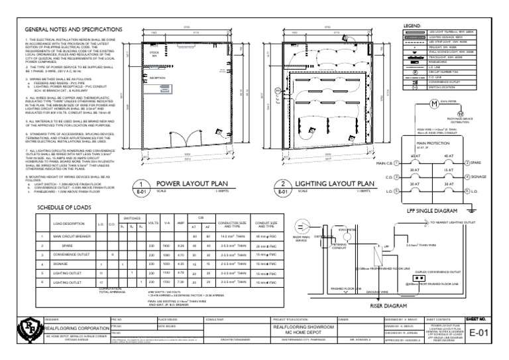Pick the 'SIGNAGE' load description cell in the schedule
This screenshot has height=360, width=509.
65,263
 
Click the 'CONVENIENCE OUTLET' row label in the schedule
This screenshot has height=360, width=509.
73,253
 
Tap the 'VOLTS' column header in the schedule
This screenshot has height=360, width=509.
152,222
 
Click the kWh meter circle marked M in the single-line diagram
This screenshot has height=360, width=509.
435,103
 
